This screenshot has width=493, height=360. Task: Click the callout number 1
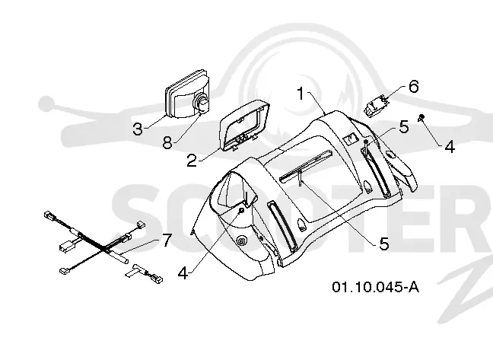pos(301,94)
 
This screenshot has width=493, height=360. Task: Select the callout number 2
pos(192,161)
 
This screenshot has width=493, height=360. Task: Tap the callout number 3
pos(138,129)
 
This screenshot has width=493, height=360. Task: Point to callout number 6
pos(414,86)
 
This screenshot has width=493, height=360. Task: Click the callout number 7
pos(167,241)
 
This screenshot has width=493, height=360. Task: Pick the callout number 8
pos(167,143)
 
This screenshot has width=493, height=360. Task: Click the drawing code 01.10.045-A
pos(375,287)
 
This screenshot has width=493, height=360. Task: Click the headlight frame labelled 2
pos(245,126)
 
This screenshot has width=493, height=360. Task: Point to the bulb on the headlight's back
pos(202,103)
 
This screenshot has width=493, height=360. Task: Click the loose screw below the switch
pos(421,118)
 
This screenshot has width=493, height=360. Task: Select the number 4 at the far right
pos(450,147)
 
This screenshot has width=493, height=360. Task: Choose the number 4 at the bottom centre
pos(183,273)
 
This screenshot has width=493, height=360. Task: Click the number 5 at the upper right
pos(404,126)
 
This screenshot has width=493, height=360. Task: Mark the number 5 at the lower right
pos(384,244)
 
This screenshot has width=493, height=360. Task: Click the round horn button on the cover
pos(241,241)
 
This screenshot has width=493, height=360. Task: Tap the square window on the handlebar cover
pos(350,138)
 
